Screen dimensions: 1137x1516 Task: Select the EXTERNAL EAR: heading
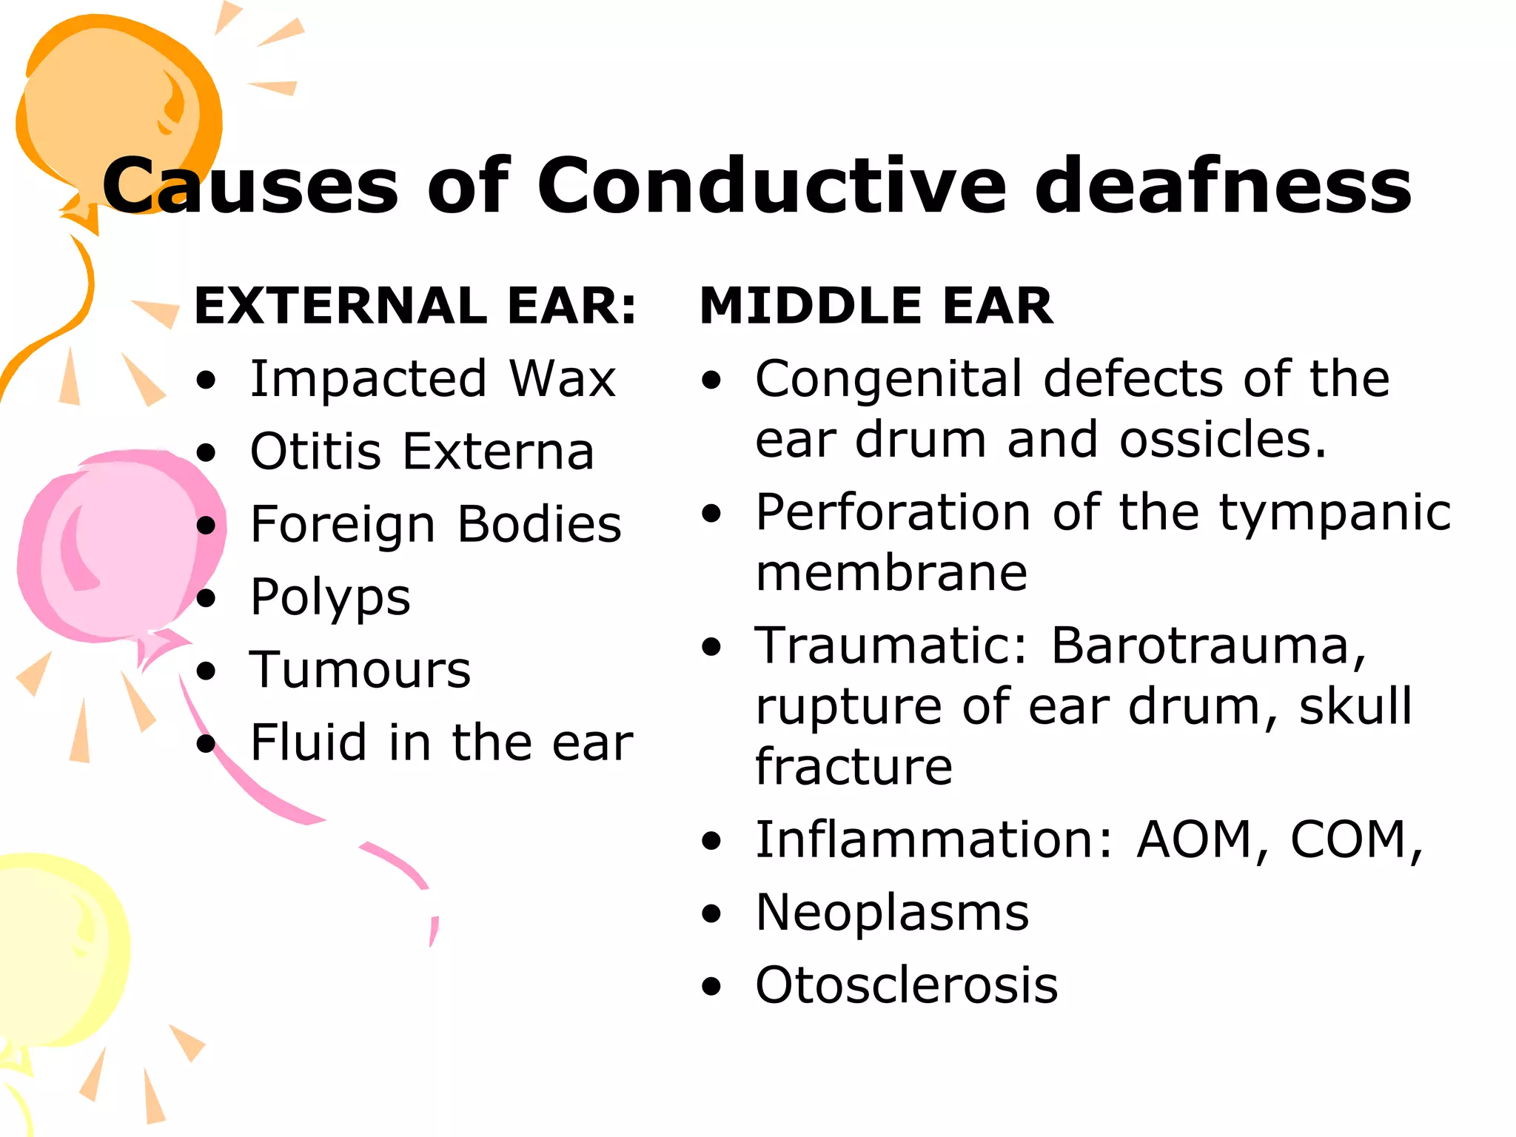tap(415, 306)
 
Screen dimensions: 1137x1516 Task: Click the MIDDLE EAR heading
tap(876, 306)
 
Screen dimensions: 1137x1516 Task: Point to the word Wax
tap(563, 379)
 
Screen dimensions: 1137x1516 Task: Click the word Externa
tap(497, 452)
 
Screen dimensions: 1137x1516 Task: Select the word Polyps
tap(330, 597)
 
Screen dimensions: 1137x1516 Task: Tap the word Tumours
tap(360, 670)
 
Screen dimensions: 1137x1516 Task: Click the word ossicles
tap(1223, 440)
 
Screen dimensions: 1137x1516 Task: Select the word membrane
tap(891, 573)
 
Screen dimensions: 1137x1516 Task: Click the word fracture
tap(853, 766)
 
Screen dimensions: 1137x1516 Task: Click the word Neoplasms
tap(892, 913)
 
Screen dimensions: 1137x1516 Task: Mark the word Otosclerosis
tap(907, 985)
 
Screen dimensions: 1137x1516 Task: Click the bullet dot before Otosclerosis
tap(711, 987)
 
